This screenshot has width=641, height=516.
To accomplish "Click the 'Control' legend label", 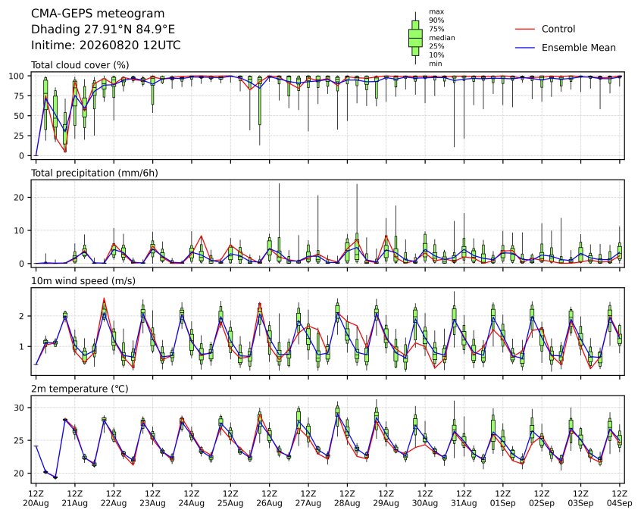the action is click(558, 29).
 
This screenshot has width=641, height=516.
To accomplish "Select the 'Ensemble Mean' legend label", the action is click(578, 48).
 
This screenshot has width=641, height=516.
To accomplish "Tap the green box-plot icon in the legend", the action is click(415, 38).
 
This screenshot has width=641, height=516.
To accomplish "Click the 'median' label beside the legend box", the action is click(442, 38).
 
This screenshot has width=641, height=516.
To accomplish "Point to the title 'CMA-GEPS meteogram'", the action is click(98, 14).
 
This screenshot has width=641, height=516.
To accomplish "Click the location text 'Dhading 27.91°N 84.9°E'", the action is click(103, 30).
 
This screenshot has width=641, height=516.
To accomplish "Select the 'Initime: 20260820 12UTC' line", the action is click(106, 45).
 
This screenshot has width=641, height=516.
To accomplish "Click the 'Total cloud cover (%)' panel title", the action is click(80, 65).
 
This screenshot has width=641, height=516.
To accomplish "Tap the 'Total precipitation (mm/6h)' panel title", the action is click(95, 173).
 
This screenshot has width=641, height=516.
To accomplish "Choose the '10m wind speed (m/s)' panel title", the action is click(83, 281).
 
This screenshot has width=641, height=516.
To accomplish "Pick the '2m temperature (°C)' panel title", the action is click(80, 389).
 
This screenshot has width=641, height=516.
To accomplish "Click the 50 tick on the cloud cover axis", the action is click(20, 116).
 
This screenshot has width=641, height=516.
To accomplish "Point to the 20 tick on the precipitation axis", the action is click(20, 198).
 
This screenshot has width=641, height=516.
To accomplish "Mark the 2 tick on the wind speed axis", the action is click(22, 316).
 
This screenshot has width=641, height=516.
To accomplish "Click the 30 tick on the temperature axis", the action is click(20, 408).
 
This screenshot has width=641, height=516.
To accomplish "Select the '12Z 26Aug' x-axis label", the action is click(270, 499).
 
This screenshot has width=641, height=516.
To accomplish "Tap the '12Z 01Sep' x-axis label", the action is click(503, 499).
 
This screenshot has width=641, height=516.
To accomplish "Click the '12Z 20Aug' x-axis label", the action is click(36, 499).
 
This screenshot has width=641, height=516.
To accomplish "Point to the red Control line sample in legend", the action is click(525, 30).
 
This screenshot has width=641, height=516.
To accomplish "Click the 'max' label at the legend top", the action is click(436, 12).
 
